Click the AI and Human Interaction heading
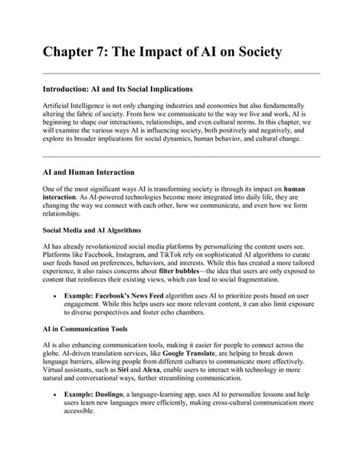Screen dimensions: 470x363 coord(88,173)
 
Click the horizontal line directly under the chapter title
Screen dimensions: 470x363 coord(181,74)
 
